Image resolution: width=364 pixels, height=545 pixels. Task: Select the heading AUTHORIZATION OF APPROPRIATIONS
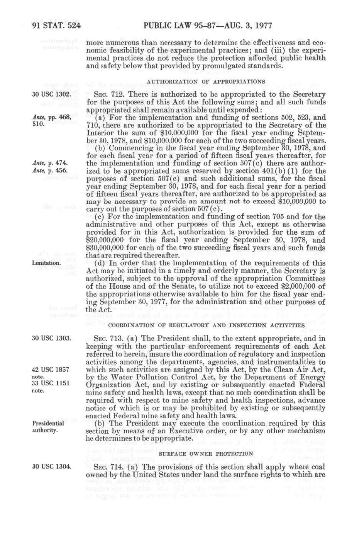point(206,82)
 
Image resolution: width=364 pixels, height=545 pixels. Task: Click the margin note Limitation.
point(46,263)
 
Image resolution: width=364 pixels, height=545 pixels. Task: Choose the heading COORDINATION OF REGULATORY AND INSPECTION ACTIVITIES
point(206,325)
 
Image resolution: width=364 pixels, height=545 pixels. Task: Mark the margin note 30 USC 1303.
point(51,338)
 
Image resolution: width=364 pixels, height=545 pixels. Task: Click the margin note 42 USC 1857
point(51,370)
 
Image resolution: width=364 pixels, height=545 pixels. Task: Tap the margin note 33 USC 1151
point(51,383)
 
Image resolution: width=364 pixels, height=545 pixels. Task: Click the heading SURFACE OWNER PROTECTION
point(206,453)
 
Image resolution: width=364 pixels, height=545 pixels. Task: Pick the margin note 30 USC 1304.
point(51,467)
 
